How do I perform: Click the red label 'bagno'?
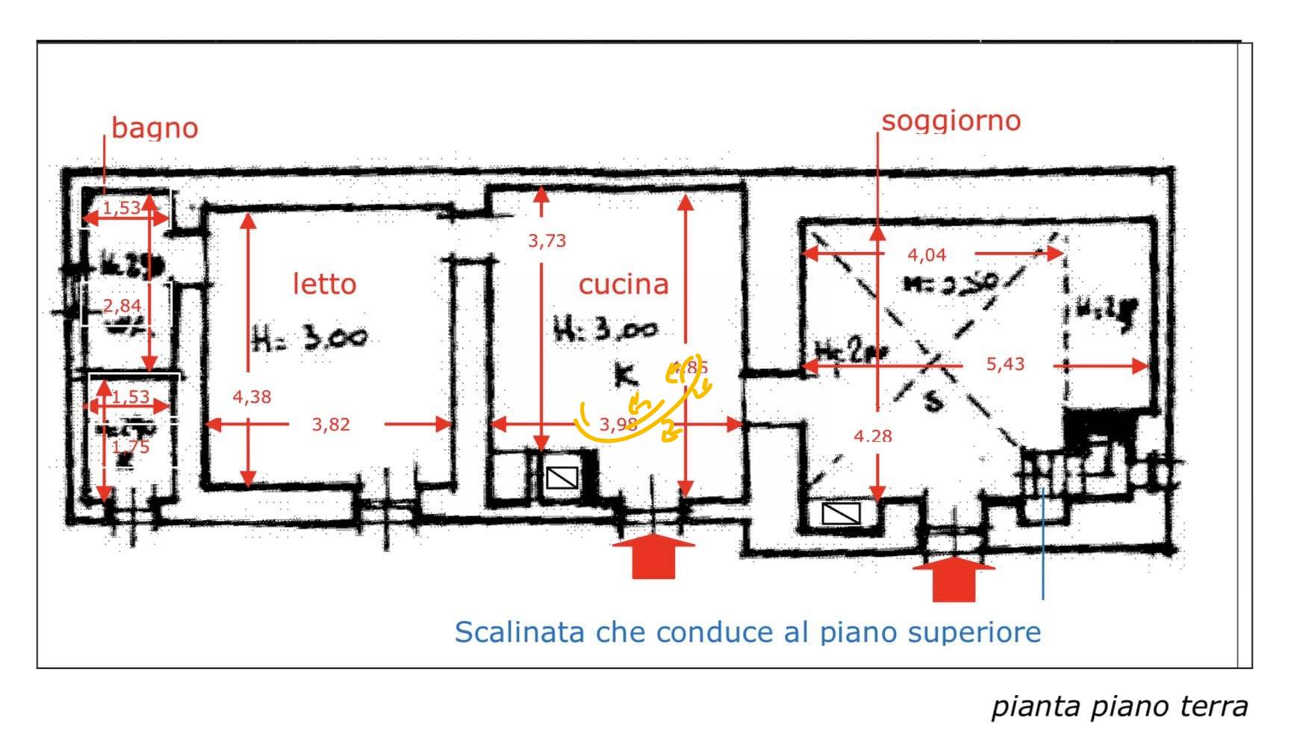coord(155,128)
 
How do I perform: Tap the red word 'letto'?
coord(324,284)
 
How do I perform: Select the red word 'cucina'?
coord(623,284)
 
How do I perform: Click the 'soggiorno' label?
coord(951,121)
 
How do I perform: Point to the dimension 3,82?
coord(331,424)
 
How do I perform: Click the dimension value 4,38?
coord(252,397)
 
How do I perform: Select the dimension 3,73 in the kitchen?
coord(547,241)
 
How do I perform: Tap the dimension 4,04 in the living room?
coord(927,255)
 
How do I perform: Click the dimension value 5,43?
coord(1005,365)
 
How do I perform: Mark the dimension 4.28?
coord(873,436)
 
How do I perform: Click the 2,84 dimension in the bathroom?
coord(122,305)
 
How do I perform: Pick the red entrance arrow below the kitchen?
coord(653,556)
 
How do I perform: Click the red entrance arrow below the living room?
coord(954,578)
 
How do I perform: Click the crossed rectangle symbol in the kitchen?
coord(562,477)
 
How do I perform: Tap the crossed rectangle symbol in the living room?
coord(841,513)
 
